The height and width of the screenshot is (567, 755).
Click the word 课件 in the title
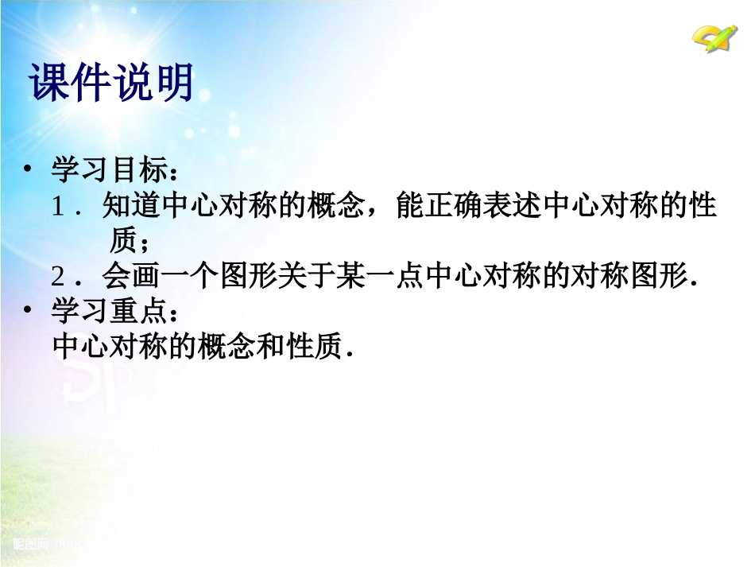69,82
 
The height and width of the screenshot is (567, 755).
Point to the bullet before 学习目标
29,170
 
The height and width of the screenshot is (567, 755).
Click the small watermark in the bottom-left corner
32,544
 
